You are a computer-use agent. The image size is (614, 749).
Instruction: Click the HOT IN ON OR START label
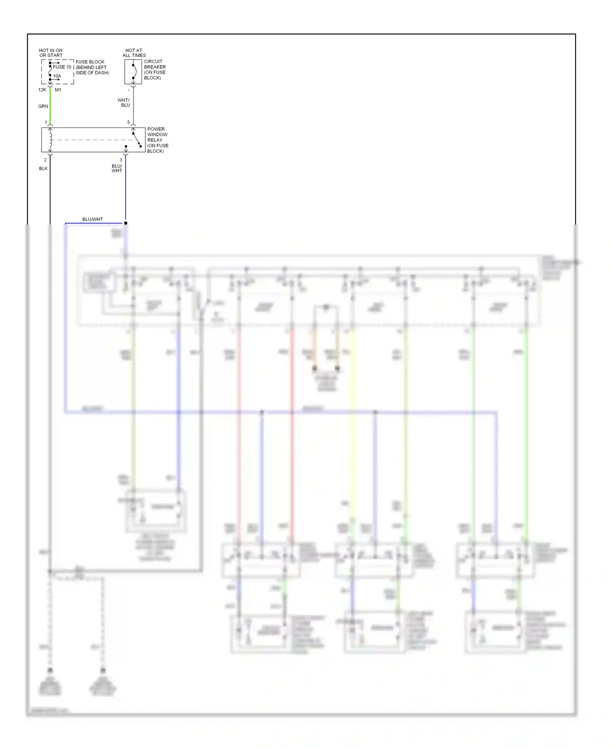coord(51,53)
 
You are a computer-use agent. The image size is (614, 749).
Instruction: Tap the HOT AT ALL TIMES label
coord(134,53)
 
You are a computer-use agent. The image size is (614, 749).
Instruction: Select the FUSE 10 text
coord(62,67)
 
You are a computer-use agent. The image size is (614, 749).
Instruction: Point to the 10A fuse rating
coord(57,76)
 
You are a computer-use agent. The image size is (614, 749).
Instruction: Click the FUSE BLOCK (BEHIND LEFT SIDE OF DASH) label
coord(92,67)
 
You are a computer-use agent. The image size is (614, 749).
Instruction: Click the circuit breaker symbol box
coord(133,72)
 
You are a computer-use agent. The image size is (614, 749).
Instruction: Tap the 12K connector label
coord(42,90)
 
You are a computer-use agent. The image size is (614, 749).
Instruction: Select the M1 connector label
coord(58,90)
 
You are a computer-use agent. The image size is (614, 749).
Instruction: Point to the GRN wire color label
coord(43,106)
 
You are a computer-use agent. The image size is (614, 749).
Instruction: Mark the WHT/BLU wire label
coord(124,102)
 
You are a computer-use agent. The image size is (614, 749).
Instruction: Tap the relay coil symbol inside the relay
coord(50,140)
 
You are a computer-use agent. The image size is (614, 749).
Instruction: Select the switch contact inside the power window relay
coord(136,139)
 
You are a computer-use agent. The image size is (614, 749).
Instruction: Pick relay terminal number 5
coord(129,123)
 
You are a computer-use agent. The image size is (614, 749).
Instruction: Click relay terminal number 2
coord(45,160)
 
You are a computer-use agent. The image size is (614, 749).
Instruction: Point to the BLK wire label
coord(43,168)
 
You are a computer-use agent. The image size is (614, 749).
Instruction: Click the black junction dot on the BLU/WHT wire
coord(126,223)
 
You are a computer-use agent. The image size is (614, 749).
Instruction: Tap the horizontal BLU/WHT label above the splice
coord(93,219)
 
